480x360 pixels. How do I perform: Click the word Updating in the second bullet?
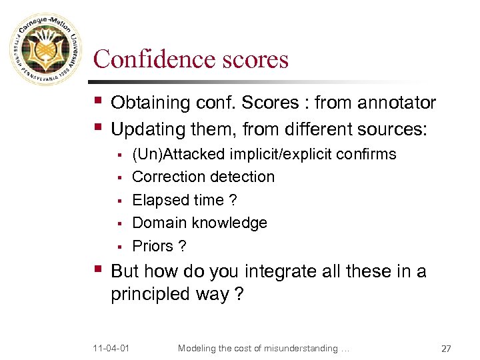[x=147, y=128]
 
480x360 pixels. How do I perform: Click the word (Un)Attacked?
[x=179, y=155]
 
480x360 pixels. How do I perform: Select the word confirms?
[x=366, y=155]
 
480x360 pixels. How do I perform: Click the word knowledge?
[x=230, y=223]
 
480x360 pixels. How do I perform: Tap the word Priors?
[x=153, y=246]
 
